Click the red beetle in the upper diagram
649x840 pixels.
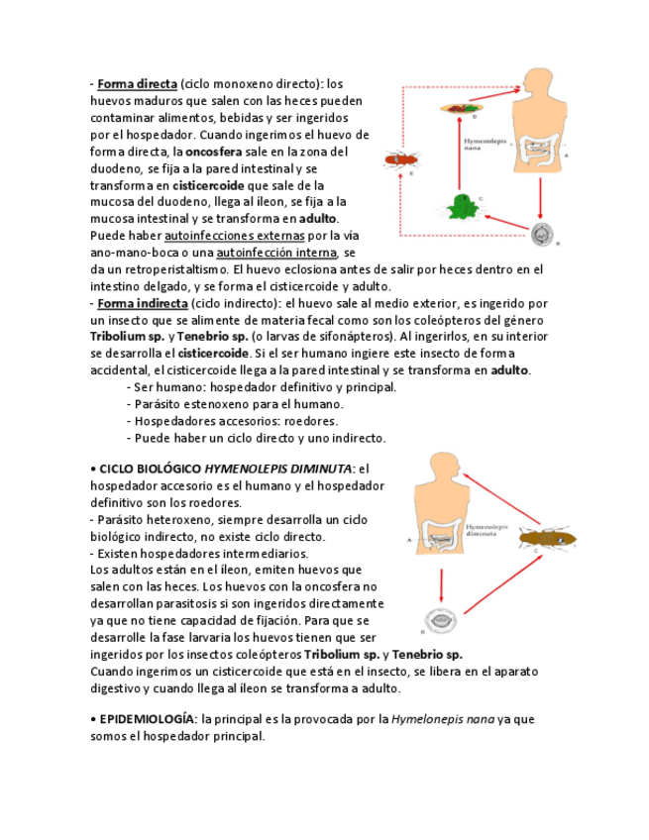tap(400, 158)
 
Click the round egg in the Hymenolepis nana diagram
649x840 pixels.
tap(541, 234)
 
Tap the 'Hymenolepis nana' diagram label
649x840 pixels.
tap(486, 144)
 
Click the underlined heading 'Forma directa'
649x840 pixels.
tap(137, 84)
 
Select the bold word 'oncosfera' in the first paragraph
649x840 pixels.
tap(218, 152)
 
